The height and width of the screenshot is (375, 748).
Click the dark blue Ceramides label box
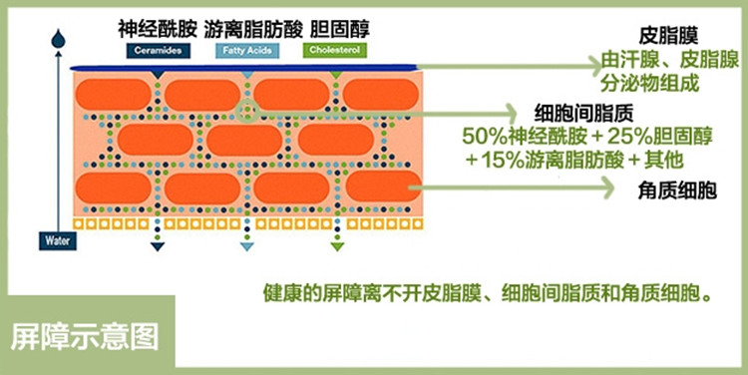point(159,51)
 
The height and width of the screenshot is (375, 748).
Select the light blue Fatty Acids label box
point(247,51)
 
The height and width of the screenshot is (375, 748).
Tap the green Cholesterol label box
point(335,50)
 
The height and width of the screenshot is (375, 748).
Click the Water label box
point(58,241)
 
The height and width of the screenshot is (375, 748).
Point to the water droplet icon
point(58,39)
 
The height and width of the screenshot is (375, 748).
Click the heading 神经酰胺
point(158,30)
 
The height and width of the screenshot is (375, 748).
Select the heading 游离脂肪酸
point(253,30)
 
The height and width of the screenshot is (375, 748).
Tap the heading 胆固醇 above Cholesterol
point(340,30)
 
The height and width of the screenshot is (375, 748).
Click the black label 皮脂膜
point(668,36)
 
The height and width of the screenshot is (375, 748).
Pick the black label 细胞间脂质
point(583,114)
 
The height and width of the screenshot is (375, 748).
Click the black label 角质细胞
point(677,190)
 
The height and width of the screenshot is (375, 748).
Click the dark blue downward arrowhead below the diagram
point(158,246)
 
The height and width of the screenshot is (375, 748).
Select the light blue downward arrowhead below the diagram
point(246,246)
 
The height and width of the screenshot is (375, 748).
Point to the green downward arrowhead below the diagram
point(337,246)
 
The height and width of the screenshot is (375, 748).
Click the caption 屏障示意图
point(85,337)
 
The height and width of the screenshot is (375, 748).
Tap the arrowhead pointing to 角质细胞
point(607,187)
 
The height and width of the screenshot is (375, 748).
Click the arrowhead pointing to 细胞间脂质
point(511,114)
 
